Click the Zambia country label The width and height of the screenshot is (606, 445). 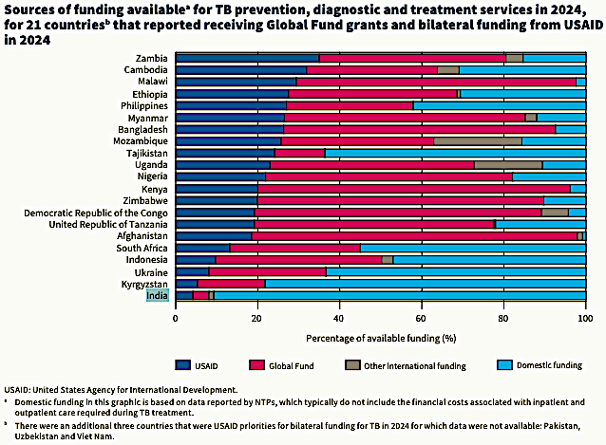tap(153, 58)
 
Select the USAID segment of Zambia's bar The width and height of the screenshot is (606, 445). tap(247, 58)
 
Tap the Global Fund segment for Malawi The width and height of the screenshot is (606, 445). tap(437, 82)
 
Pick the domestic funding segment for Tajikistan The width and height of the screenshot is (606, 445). tap(455, 153)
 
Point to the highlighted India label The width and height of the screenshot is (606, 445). tap(158, 295)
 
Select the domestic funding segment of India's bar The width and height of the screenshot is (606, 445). tap(399, 295)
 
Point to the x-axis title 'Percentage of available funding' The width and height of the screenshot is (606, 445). tap(381, 337)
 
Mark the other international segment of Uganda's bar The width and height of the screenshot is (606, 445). tap(508, 165)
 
